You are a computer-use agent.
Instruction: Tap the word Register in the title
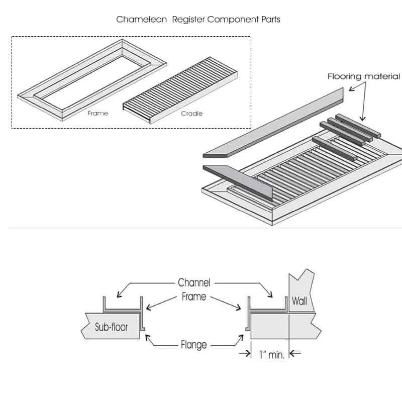[188, 20]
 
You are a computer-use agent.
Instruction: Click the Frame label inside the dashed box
[97, 113]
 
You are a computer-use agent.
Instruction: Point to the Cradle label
[191, 113]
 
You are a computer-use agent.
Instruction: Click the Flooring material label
[363, 76]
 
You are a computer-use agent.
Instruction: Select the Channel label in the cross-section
[194, 282]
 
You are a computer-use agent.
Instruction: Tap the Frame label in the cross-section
[194, 296]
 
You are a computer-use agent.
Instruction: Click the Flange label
[194, 345]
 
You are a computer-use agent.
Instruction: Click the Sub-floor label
[111, 327]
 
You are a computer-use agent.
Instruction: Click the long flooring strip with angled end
[274, 120]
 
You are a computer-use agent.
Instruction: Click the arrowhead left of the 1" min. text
[247, 354]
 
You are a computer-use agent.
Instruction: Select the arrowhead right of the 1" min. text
[293, 354]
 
